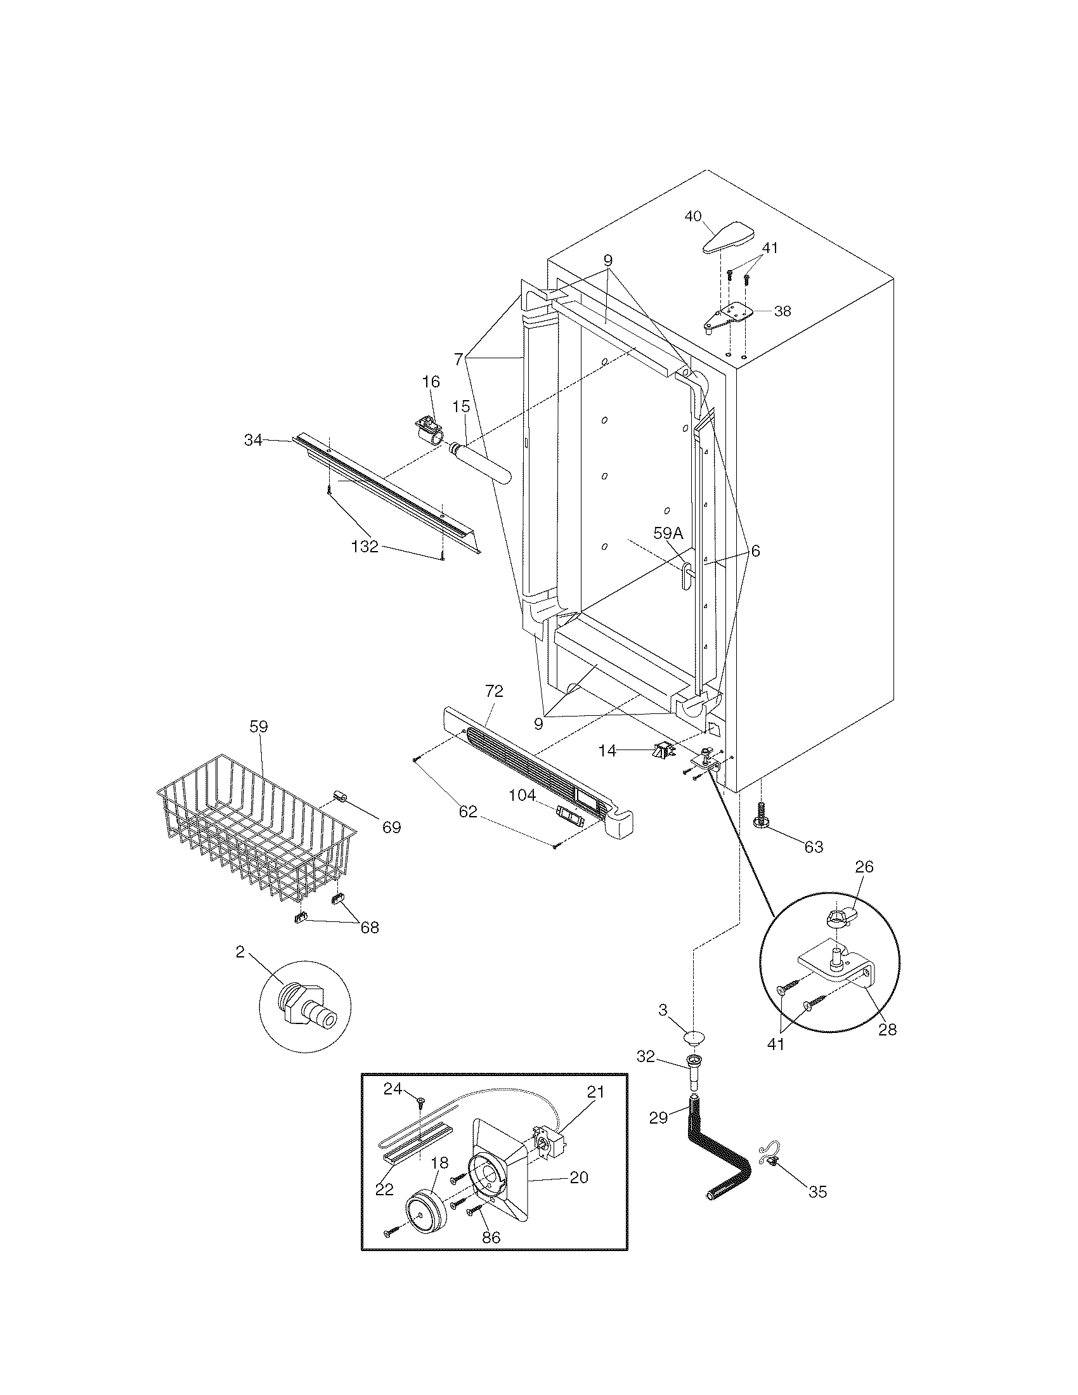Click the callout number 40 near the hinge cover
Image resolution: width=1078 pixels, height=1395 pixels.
click(x=693, y=216)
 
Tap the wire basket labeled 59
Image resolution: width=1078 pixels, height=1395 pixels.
click(x=256, y=824)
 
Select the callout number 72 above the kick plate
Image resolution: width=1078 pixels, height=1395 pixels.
click(x=493, y=691)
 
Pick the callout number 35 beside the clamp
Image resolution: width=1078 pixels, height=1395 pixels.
click(x=817, y=1192)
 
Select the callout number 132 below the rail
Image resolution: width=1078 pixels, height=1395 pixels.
click(x=365, y=547)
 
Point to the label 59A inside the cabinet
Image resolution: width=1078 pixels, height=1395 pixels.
click(x=667, y=532)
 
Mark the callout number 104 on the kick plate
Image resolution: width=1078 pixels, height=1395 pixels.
click(x=522, y=795)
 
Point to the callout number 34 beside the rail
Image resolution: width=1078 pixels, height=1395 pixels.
click(x=254, y=440)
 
